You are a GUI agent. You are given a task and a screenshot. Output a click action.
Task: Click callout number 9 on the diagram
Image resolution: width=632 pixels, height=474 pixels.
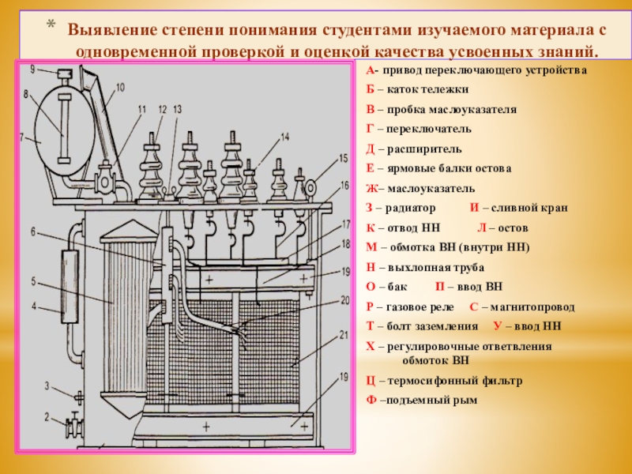(x=33, y=70)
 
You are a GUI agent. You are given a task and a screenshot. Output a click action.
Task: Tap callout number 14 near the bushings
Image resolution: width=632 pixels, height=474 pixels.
(x=284, y=137)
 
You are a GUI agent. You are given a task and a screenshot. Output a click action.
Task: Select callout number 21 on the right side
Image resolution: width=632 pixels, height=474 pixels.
(x=344, y=335)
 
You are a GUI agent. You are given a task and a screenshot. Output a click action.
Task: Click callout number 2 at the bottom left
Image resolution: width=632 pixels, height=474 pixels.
(x=46, y=416)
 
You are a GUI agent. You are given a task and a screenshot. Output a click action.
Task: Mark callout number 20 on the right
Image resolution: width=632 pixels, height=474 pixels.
(x=344, y=299)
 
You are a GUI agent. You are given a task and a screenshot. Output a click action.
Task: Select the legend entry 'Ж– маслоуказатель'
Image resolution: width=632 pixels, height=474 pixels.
(x=420, y=189)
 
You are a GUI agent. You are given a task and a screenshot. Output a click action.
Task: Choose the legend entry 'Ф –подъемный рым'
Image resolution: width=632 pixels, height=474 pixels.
(x=423, y=400)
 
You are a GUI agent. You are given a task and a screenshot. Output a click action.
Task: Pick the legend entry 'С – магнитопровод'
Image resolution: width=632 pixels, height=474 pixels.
(x=522, y=306)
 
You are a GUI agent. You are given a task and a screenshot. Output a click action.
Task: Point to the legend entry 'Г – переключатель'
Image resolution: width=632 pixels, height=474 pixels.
(x=419, y=128)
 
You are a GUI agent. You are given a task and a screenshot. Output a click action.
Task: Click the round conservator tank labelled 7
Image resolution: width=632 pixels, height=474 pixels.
(x=62, y=126)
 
